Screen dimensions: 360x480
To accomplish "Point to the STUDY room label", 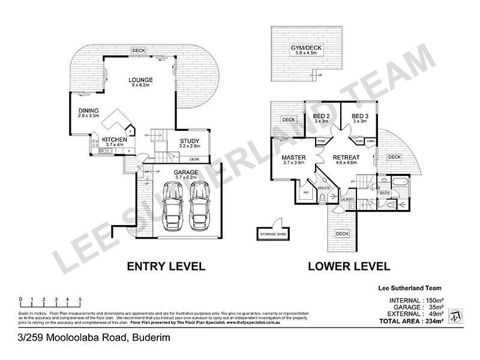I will click(x=190, y=142).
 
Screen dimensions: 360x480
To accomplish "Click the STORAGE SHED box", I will click(x=272, y=233).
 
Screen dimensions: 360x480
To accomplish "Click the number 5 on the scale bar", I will click(x=80, y=299).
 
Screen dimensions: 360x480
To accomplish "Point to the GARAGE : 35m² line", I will click(x=416, y=306).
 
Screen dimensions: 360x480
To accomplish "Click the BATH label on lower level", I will click(x=385, y=193).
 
